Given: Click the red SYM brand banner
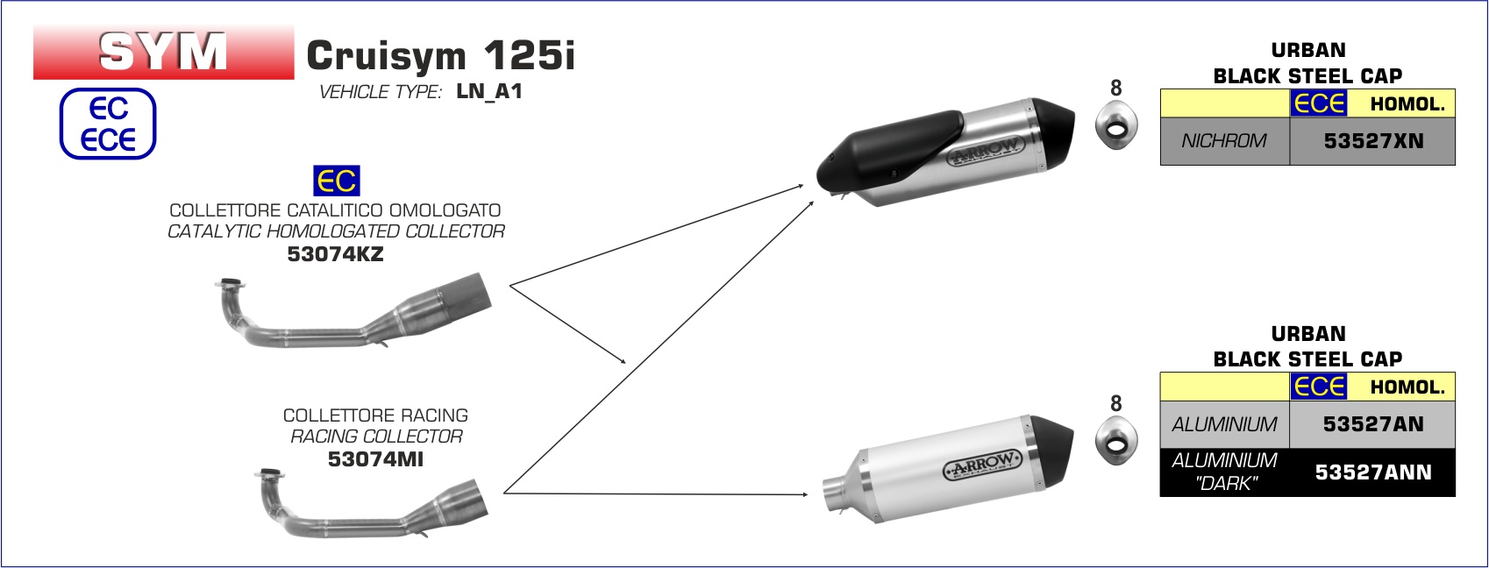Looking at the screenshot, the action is point(163,52).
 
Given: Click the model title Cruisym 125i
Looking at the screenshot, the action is point(441,55).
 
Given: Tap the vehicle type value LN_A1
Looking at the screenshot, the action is point(489,91).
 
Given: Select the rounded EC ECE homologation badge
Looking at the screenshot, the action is point(108,124).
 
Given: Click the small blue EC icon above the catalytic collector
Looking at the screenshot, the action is point(337,181).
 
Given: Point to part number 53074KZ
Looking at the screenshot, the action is point(336,254).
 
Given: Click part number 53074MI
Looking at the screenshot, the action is point(375,459).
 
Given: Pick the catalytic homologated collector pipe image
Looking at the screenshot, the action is point(353,311).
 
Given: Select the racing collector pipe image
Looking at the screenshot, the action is point(372,503).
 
